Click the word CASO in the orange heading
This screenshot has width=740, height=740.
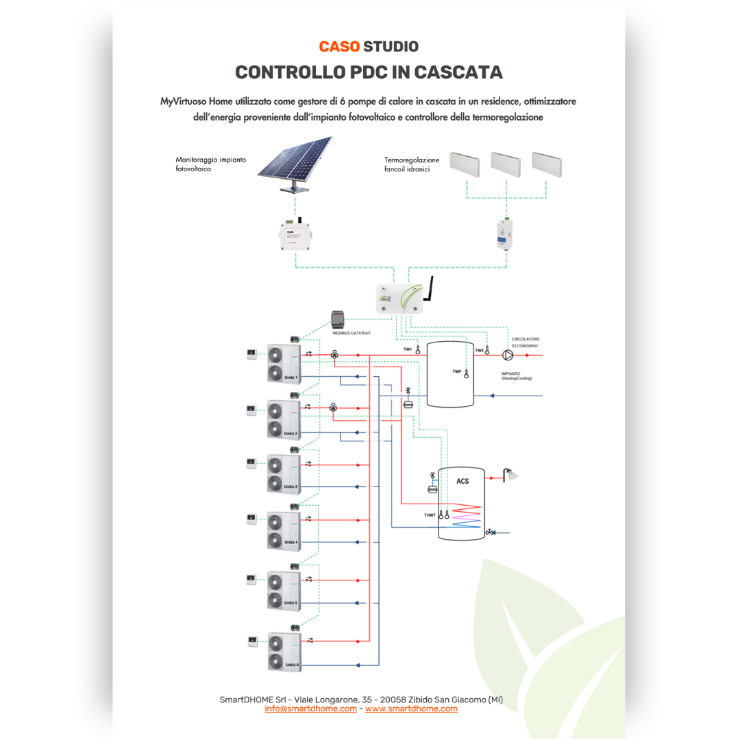[x=339, y=47]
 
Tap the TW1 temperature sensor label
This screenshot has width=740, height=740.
[x=408, y=349]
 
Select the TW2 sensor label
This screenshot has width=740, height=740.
[x=480, y=349]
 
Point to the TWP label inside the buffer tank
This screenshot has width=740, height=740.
[x=457, y=371]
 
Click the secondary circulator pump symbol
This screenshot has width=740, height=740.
[x=507, y=355]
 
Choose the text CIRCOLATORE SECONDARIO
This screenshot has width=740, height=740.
[x=524, y=342]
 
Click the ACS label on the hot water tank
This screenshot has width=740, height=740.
[x=463, y=481]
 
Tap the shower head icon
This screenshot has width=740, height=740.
[x=510, y=473]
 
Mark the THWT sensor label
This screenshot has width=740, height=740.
[x=430, y=515]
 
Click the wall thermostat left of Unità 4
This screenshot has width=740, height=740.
[x=251, y=520]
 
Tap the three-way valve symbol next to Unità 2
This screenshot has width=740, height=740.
[x=334, y=406]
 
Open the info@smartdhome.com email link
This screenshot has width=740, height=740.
[x=310, y=708]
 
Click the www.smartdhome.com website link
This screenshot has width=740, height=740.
[x=411, y=708]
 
